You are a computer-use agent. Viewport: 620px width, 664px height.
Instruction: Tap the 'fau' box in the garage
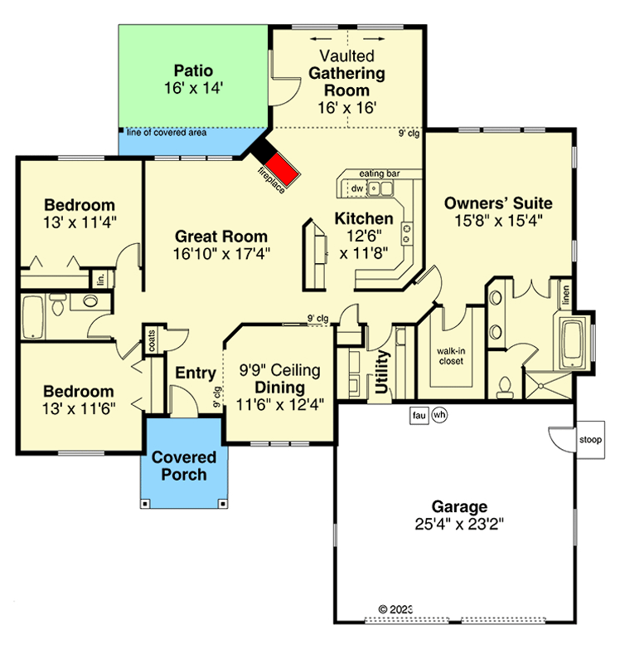pyautogui.click(x=419, y=415)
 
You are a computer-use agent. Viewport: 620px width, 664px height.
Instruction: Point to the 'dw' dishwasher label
pyautogui.click(x=356, y=189)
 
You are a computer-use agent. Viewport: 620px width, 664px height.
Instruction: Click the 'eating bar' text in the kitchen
pyautogui.click(x=380, y=173)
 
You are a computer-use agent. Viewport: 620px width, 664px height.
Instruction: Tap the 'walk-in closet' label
pyautogui.click(x=450, y=355)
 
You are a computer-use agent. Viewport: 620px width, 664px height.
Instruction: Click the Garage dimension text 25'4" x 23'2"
pyautogui.click(x=458, y=524)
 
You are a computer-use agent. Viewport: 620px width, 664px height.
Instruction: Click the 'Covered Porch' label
pyautogui.click(x=183, y=466)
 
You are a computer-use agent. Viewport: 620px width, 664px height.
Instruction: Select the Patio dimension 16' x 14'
pyautogui.click(x=194, y=87)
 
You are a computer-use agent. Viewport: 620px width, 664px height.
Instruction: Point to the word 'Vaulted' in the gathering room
pyautogui.click(x=347, y=56)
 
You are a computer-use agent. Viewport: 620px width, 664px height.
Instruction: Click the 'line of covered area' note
pyautogui.click(x=167, y=132)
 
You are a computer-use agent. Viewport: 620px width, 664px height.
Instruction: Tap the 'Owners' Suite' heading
pyautogui.click(x=497, y=203)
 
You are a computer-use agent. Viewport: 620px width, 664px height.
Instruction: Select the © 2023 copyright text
pyautogui.click(x=395, y=608)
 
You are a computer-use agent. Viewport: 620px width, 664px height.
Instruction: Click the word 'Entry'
pyautogui.click(x=196, y=373)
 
